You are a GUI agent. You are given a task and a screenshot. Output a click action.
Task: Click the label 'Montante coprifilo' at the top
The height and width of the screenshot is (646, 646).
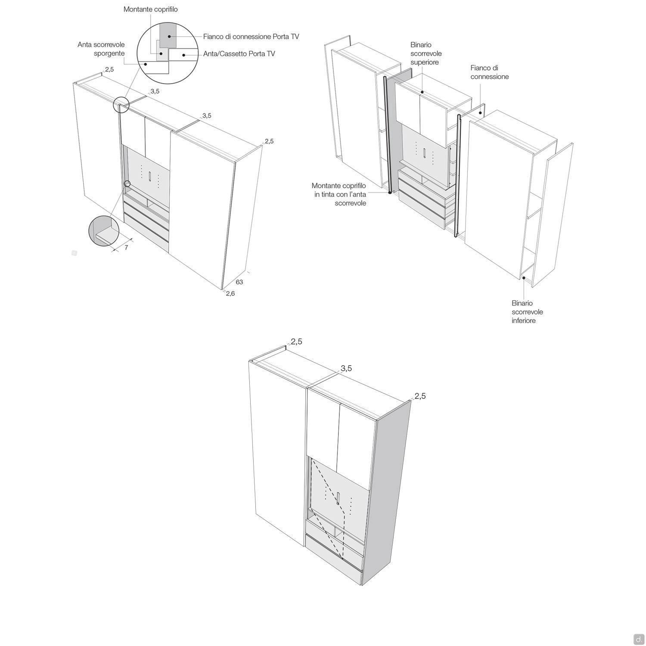coord(150,9)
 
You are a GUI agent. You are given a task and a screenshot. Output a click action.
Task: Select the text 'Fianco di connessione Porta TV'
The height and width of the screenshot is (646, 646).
coord(251,37)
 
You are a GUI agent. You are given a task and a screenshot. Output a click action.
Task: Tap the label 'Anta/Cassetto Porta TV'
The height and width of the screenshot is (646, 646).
coord(239,54)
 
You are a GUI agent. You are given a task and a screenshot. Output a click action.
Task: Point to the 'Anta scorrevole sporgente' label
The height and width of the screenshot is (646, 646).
coord(101,49)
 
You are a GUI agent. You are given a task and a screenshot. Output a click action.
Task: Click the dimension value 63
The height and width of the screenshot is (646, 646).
coord(239,282)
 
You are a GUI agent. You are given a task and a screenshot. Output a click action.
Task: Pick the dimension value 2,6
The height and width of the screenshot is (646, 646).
coord(230,294)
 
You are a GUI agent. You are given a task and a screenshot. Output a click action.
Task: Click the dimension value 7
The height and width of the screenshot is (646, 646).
coord(126,248)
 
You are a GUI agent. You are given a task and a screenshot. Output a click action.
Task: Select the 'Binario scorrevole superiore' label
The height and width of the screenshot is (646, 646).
coord(426,53)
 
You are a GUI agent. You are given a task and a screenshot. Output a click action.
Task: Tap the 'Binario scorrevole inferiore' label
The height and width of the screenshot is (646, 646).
coord(527,312)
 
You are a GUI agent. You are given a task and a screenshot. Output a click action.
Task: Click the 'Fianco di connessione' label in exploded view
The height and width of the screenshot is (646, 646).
coord(489,72)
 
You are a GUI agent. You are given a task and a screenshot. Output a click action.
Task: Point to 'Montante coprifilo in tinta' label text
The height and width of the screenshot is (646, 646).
coord(339,194)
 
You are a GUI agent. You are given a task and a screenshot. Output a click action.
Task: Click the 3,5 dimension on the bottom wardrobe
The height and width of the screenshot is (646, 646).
coord(346,368)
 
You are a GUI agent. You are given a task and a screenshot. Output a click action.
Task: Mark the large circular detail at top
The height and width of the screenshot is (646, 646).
coord(167,54)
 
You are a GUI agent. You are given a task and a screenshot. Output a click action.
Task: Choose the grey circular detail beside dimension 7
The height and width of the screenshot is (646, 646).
coord(104,231)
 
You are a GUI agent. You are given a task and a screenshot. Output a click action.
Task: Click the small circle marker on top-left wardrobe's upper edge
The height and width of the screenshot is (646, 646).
coord(121,105)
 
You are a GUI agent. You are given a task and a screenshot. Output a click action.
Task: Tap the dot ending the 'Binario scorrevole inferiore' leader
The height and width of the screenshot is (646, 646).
coord(524,278)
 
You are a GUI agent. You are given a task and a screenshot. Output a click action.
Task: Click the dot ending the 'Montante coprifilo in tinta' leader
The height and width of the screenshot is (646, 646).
coord(389,193)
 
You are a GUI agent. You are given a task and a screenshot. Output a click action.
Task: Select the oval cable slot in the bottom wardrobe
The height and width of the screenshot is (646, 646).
coord(339,498)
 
